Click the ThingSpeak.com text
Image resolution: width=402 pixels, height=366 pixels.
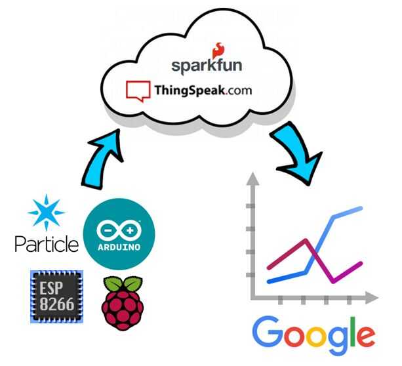click(x=203, y=91)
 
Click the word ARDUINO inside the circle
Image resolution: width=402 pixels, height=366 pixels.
click(x=119, y=248)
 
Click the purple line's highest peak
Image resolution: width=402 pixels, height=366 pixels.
click(x=306, y=240)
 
